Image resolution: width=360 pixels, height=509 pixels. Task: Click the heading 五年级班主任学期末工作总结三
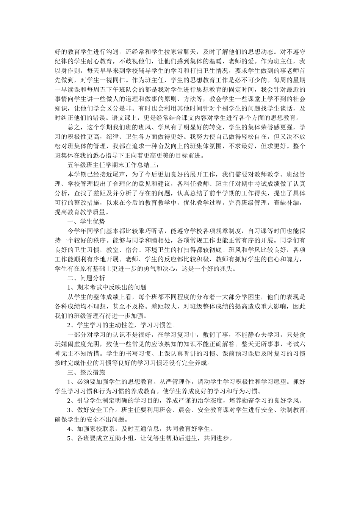pyautogui.click(x=111, y=165)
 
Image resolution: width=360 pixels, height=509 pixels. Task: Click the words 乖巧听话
pyautogui.click(x=150, y=231)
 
